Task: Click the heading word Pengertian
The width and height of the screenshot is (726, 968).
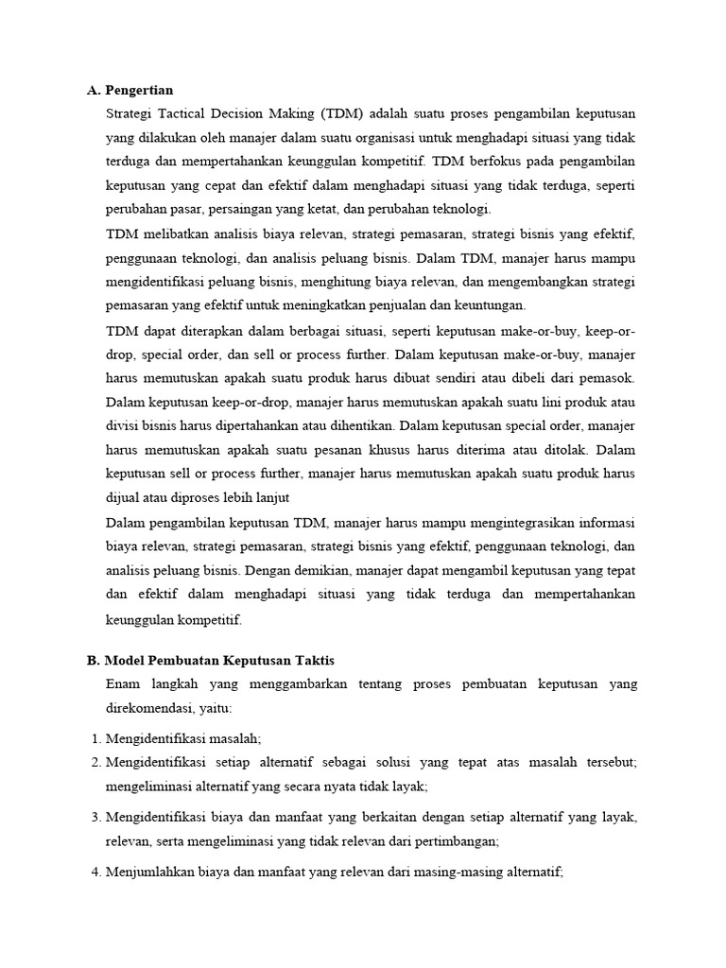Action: coord(139,91)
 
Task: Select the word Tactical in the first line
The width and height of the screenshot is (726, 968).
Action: coord(188,113)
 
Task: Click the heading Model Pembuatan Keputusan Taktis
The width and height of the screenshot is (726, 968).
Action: coord(219,660)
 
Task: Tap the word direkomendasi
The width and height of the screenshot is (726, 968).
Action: coord(149,707)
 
